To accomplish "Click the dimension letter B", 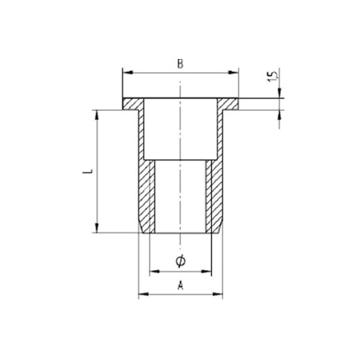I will [x=180, y=64].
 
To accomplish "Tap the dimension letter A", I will [x=180, y=284].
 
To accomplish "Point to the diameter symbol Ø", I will [x=180, y=262].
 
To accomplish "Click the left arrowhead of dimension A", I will [x=143, y=295].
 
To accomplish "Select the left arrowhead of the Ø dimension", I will [x=155, y=272].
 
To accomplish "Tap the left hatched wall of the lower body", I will [x=146, y=195].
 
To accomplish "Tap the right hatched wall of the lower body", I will [x=214, y=195].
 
